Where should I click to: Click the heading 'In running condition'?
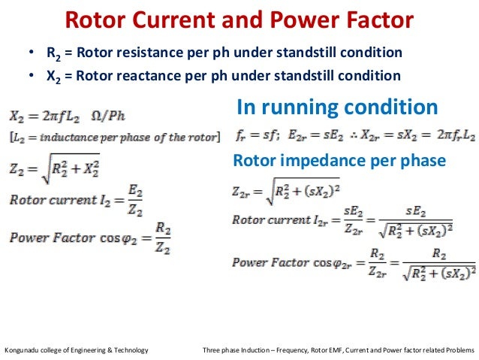[337, 107]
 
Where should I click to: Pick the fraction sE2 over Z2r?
[352, 222]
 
